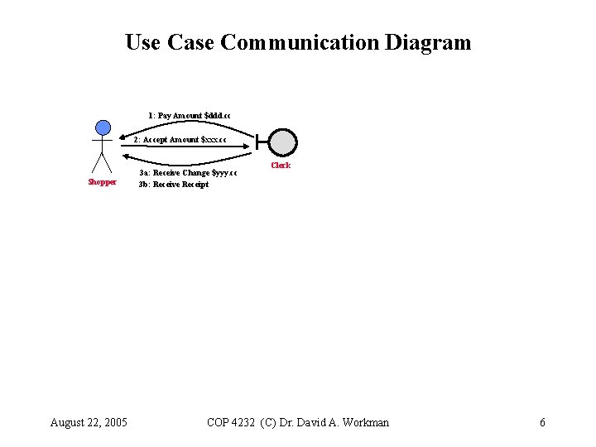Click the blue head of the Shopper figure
click(103, 127)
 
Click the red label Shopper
click(103, 182)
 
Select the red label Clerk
click(281, 166)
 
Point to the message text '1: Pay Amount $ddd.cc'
click(190, 115)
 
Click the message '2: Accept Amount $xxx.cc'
click(180, 140)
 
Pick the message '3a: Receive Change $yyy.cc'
click(188, 173)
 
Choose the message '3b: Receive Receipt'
click(174, 185)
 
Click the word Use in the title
click(143, 42)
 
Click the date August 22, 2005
click(89, 423)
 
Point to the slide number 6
click(542, 423)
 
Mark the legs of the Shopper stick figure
click(102, 164)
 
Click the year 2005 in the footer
click(113, 423)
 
